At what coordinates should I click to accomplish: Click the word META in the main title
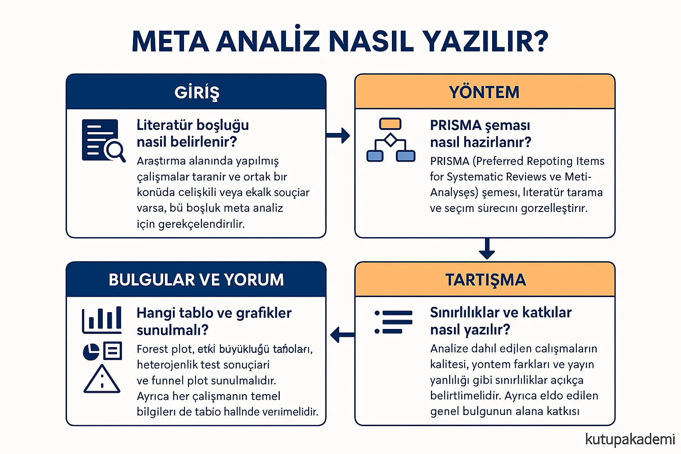(170, 41)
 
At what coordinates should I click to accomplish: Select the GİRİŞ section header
(196, 92)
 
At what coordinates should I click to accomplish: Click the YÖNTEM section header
(484, 92)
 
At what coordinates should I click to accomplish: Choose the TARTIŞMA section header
(485, 280)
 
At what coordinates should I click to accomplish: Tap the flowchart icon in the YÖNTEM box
(391, 140)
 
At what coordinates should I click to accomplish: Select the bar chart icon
(102, 320)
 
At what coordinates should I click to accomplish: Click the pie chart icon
(91, 352)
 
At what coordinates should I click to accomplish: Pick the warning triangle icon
(102, 380)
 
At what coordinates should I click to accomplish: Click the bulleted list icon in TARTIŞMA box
(394, 322)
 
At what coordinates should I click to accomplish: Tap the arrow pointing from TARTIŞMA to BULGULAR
(342, 334)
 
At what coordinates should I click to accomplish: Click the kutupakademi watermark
(630, 439)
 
